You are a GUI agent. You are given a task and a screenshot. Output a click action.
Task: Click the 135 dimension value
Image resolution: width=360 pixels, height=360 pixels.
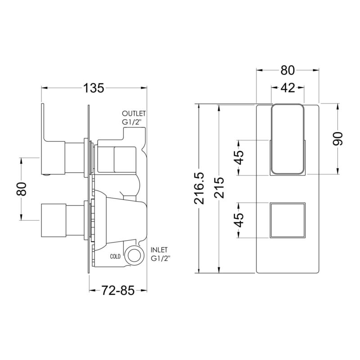pos(94,88)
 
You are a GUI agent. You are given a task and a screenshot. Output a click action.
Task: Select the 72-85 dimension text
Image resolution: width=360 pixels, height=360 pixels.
pos(118,290)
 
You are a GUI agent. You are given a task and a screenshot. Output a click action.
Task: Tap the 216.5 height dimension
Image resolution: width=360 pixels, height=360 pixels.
pos(199,188)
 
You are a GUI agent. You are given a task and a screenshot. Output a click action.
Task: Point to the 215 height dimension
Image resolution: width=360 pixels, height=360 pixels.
pos(219,187)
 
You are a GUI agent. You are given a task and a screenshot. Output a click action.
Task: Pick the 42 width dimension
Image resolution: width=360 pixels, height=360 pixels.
pos(288,87)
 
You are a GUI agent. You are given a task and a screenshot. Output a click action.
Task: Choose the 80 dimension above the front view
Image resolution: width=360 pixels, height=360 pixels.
pos(288,70)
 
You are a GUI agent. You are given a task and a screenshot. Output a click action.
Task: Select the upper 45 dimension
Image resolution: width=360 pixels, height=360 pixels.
pos(239,158)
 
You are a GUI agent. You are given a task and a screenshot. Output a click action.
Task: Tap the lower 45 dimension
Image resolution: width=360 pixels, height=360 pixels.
pos(239,220)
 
